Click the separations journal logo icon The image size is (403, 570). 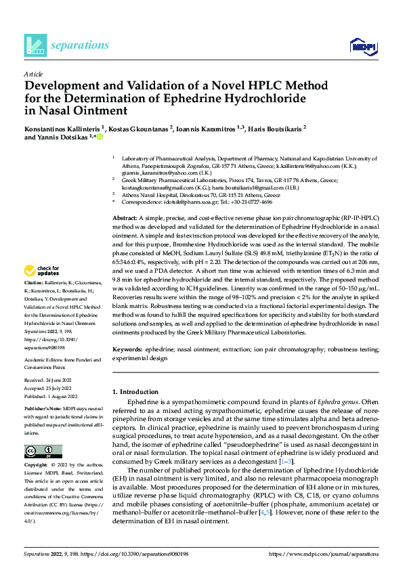pos(35,45)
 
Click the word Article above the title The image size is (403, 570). pos(33,73)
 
